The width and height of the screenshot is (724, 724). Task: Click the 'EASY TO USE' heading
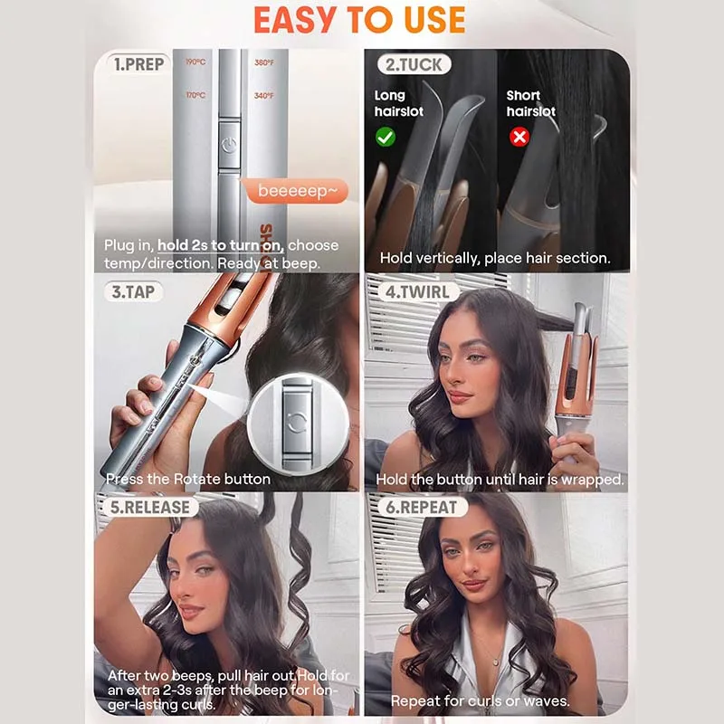(359, 20)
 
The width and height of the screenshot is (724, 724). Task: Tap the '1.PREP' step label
(138, 64)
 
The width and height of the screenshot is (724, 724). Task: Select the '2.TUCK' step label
(414, 64)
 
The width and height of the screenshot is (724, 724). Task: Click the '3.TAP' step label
(133, 291)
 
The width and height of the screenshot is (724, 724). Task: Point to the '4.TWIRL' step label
(417, 291)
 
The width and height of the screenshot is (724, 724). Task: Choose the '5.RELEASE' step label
(149, 507)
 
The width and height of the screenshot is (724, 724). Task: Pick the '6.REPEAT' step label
(421, 507)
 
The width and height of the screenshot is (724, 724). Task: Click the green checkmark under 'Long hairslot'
(386, 137)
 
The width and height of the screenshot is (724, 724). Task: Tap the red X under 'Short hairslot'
(519, 137)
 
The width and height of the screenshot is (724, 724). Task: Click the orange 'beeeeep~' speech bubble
(297, 191)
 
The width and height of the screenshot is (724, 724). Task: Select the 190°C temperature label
(195, 62)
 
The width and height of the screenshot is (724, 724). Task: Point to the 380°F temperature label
(264, 62)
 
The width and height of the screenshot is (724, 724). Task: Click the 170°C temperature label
(195, 95)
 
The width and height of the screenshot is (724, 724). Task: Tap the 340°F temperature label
(264, 96)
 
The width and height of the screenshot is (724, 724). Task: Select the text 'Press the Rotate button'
(188, 479)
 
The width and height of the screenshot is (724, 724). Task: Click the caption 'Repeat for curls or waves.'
(481, 700)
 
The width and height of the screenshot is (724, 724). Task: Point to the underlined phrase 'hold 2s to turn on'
(220, 245)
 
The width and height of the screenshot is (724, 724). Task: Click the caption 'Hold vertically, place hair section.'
(495, 258)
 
